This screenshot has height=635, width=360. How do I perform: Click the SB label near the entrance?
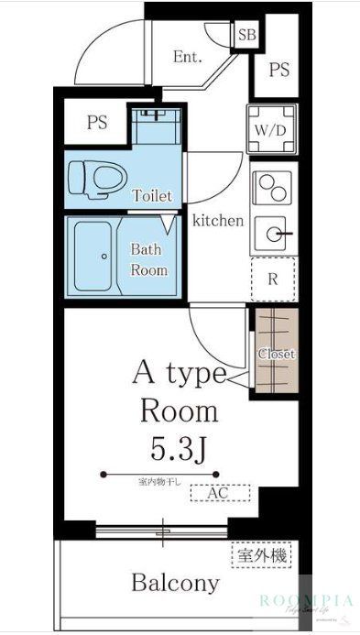(246, 36)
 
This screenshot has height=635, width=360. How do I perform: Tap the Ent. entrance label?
(188, 57)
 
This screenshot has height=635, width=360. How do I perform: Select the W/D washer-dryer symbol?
(272, 129)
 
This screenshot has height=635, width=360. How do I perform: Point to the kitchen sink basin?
(272, 234)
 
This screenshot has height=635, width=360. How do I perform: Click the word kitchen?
(217, 220)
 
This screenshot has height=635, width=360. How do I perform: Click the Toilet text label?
(152, 195)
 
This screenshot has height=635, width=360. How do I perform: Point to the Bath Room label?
(148, 259)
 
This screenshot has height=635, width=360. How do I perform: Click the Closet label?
(275, 354)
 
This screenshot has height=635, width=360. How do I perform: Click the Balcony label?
(176, 583)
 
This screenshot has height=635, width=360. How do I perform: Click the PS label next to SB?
(278, 69)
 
